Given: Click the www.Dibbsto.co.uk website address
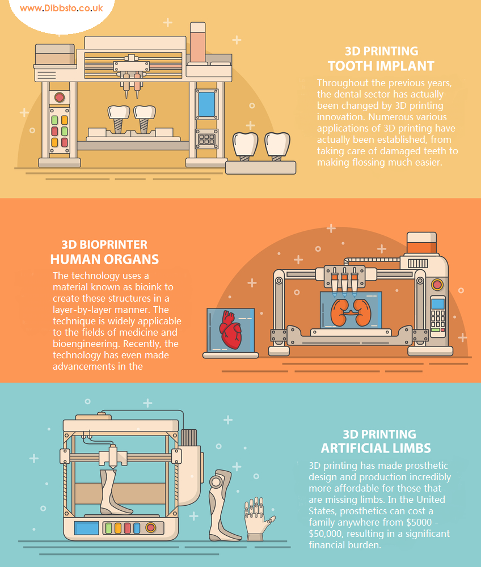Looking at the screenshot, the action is tap(61, 9).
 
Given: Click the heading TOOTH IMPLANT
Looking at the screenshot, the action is tap(381, 66).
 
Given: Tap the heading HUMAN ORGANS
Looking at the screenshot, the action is tap(104, 259).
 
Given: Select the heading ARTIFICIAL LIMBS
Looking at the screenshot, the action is tap(375, 448).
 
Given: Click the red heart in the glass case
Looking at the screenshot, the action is tap(230, 330).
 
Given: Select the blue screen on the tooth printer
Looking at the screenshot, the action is tap(207, 104).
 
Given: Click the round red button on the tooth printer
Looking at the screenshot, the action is tap(60, 97).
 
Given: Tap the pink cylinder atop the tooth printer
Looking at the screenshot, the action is tap(198, 43).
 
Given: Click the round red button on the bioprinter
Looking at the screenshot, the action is tap(437, 285).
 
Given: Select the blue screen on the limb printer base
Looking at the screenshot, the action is tap(86, 528).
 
